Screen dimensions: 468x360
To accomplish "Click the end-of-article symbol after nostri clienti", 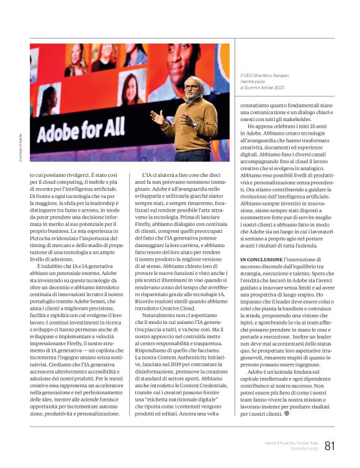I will tap(287, 413).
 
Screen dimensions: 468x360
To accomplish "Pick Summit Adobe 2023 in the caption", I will tap(273, 88).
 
